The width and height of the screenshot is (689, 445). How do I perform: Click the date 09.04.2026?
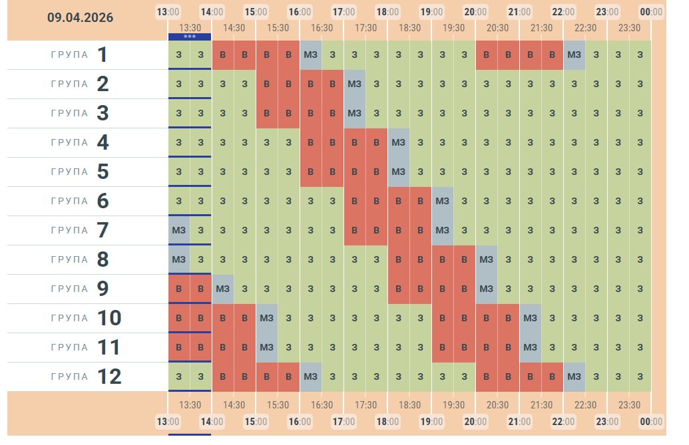pyautogui.click(x=80, y=18)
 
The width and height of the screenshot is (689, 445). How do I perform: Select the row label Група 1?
pyautogui.click(x=79, y=55)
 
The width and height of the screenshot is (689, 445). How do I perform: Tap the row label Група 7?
pyautogui.click(x=79, y=230)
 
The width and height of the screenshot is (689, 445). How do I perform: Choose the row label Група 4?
pyautogui.click(x=79, y=142)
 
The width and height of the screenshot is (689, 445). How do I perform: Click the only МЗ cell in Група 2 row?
pyautogui.click(x=354, y=84)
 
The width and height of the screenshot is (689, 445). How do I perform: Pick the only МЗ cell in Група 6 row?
pyautogui.click(x=442, y=201)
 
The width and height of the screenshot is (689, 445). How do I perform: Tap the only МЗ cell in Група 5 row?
pyautogui.click(x=398, y=172)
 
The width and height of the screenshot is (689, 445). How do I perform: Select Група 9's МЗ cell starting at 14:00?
pyautogui.click(x=222, y=289)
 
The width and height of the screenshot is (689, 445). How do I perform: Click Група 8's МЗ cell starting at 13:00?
pyautogui.click(x=178, y=259)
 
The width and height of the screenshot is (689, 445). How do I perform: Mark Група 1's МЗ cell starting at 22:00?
pyautogui.click(x=574, y=55)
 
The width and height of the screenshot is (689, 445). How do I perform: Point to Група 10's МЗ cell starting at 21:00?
pyautogui.click(x=530, y=318)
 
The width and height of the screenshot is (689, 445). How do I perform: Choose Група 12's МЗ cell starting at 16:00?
pyautogui.click(x=310, y=376)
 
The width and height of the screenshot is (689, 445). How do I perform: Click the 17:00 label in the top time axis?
pyautogui.click(x=344, y=12)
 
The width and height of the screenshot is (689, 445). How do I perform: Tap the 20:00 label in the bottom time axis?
pyautogui.click(x=475, y=421)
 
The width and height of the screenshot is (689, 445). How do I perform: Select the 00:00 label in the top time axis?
pyautogui.click(x=651, y=12)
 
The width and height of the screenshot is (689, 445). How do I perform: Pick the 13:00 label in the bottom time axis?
pyautogui.click(x=168, y=421)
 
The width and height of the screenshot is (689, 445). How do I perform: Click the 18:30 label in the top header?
pyautogui.click(x=409, y=27)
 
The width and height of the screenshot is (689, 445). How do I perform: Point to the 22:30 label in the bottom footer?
pyautogui.click(x=585, y=404)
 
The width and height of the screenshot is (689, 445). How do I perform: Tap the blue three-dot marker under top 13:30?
pyautogui.click(x=190, y=37)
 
